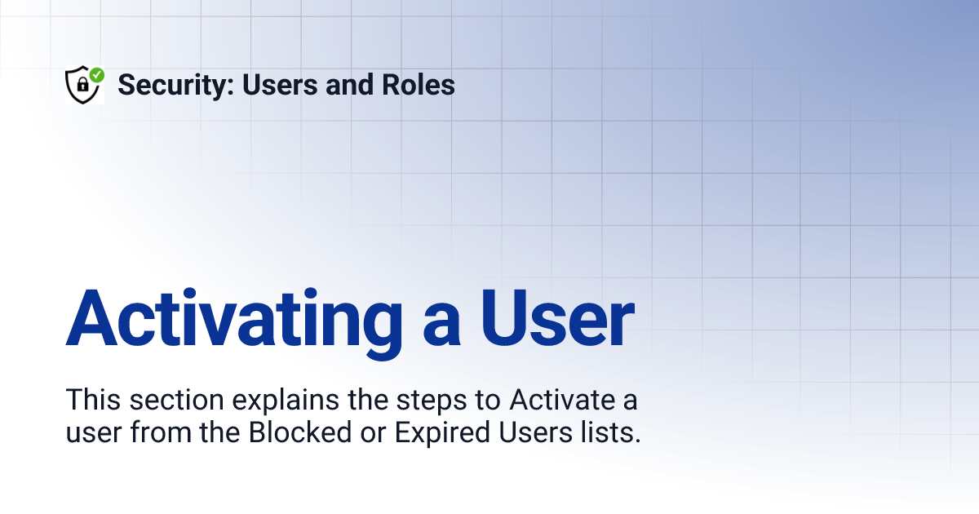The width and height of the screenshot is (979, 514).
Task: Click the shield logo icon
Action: (x=83, y=85)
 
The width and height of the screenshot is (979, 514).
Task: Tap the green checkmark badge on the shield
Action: (x=96, y=75)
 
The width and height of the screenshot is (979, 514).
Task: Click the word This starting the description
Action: (x=90, y=401)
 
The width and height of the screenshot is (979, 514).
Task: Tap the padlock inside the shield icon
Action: (x=82, y=86)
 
